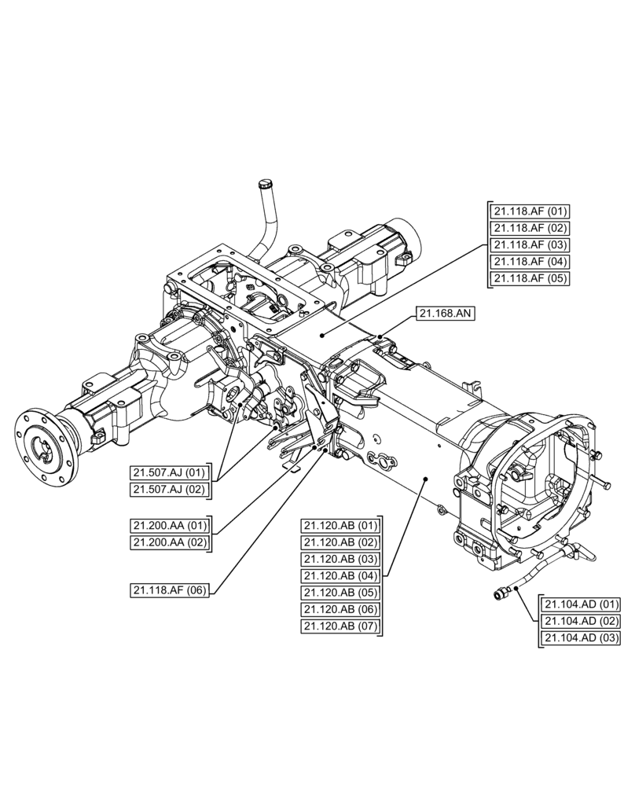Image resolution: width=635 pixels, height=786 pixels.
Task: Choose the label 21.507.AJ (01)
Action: [x=170, y=472]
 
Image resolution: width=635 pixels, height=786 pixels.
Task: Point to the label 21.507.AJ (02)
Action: [x=170, y=490]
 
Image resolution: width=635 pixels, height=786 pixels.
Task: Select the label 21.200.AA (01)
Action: [x=170, y=525]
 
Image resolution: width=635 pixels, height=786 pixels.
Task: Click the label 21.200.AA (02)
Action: [x=170, y=542]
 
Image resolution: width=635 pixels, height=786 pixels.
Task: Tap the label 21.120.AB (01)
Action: [x=340, y=525]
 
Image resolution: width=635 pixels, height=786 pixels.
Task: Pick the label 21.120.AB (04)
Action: [x=340, y=575]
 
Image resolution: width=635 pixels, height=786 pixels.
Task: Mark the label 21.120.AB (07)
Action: [x=340, y=626]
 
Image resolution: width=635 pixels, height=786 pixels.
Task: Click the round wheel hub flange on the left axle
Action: [x=44, y=445]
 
